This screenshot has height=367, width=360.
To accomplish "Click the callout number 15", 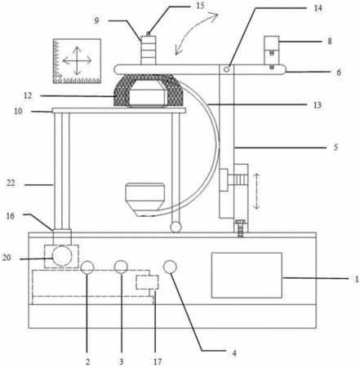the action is point(200,6).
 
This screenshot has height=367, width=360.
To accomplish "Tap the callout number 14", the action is point(318,8).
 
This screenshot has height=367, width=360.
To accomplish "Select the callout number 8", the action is point(330,42).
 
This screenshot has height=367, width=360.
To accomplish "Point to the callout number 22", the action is point(11,183).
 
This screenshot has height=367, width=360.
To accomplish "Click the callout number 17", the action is point(158,361).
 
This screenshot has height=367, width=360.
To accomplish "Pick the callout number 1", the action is point(357,279).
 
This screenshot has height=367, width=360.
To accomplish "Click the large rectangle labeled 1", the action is point(247,275).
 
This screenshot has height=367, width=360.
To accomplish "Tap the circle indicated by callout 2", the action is point(87,268).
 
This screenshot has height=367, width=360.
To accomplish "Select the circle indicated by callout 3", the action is point(121,267).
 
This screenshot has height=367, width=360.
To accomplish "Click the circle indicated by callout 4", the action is point(170,267).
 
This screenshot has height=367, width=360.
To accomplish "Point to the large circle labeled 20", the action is point(62,255).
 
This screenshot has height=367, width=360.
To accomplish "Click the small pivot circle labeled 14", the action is point(226,69).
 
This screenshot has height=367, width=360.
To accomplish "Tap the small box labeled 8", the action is point(272,43).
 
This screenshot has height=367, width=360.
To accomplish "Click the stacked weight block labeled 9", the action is point(149,51).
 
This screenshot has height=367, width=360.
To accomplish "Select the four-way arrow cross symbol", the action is point(77,61).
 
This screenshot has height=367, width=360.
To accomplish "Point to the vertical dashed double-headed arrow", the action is point(256,192).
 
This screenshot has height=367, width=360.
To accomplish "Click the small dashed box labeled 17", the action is point(147,282).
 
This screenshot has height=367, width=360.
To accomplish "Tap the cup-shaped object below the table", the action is point(145,200).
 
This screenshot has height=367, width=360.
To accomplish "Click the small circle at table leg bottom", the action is point(176,227).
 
